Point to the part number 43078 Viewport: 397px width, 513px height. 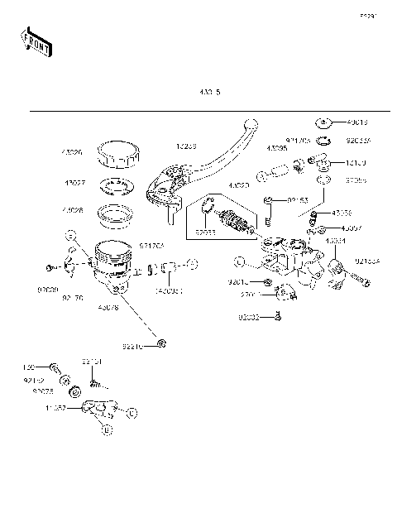(108, 307)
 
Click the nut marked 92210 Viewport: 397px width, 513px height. (162, 343)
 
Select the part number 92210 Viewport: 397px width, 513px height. (134, 346)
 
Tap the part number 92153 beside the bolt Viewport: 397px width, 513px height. (299, 199)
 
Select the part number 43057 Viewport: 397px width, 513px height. (352, 226)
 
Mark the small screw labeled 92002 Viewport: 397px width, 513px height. (280, 315)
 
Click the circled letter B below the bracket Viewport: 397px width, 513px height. (104, 428)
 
